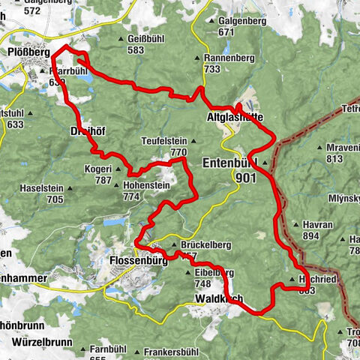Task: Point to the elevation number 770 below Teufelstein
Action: pyautogui.click(x=178, y=151)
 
